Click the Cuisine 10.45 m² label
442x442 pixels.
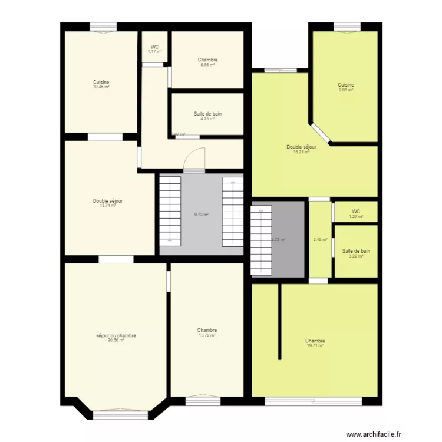coord(101,84)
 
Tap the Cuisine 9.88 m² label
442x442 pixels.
coord(346,87)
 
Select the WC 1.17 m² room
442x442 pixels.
coord(155,49)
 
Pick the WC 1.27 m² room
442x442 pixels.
coord(355,213)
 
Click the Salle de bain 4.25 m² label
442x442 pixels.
coord(207,116)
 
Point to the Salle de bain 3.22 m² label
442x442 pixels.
coord(356,253)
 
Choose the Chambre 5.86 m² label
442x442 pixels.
coord(207,62)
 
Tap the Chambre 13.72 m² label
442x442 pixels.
coord(207,332)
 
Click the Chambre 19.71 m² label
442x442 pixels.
coord(315,343)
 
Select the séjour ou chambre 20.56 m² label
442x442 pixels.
coord(116,338)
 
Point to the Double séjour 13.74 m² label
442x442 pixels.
coord(108,203)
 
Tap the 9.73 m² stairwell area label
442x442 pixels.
coord(202,215)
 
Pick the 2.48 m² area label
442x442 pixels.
coord(320,239)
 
